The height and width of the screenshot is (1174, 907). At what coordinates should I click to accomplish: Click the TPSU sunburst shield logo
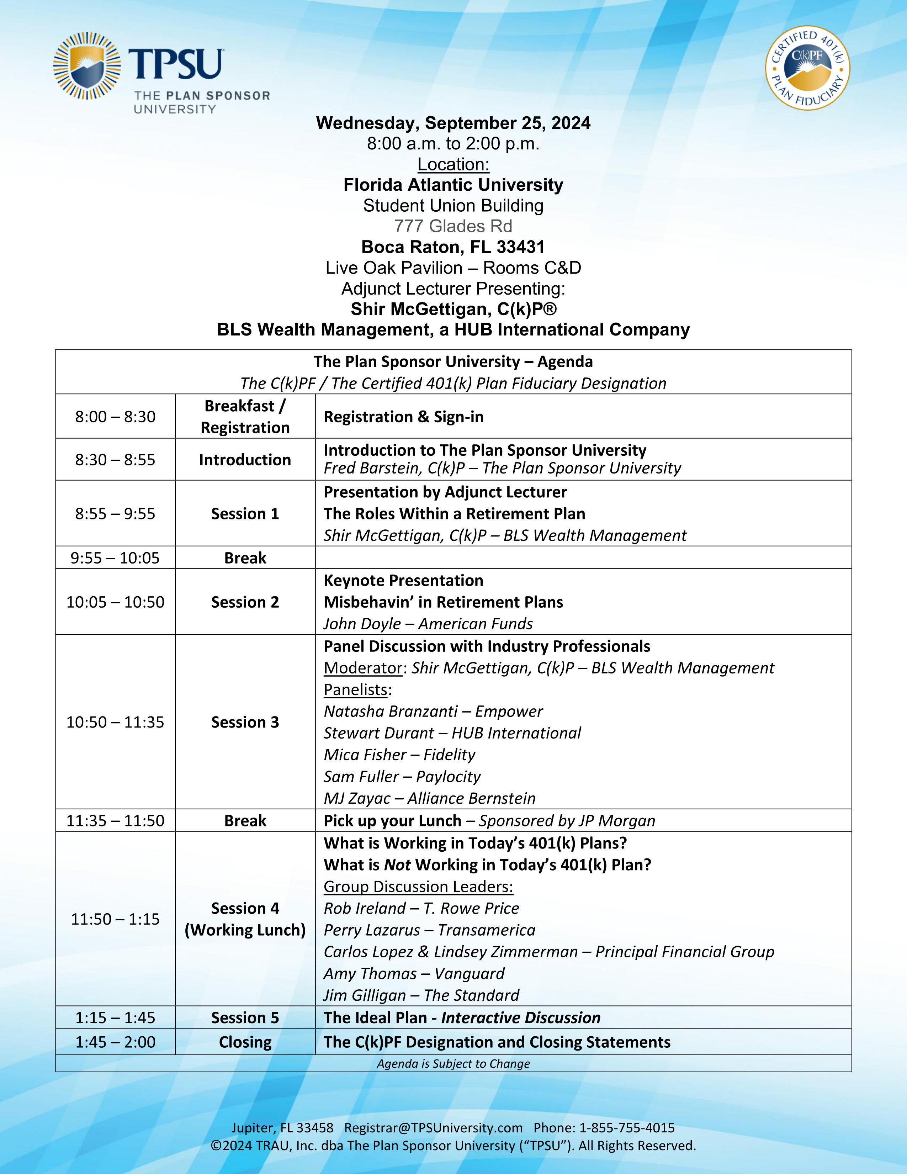pos(87,66)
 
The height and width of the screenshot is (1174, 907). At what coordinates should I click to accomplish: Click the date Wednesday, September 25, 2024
pos(453,123)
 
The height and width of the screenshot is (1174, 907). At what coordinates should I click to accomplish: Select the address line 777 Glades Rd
pos(453,226)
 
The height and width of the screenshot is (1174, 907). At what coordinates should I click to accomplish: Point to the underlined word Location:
pos(453,164)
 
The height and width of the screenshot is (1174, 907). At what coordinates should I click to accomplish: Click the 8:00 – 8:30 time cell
pos(115,417)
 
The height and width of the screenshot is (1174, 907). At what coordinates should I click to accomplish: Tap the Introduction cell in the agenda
pos(245,460)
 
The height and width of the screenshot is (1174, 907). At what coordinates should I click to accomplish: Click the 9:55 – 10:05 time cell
pos(115,557)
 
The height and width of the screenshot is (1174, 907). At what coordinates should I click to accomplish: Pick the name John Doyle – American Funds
pos(428,624)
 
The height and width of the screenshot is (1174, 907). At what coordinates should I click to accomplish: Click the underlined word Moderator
pos(363,668)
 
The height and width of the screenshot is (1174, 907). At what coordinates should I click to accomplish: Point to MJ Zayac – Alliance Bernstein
pos(429,798)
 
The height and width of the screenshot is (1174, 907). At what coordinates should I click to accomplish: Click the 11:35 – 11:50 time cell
pos(115,820)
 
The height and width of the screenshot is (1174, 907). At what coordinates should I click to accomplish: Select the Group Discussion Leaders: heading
pos(418,887)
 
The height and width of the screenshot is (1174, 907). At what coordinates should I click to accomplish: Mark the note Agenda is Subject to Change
pos(453,1064)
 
